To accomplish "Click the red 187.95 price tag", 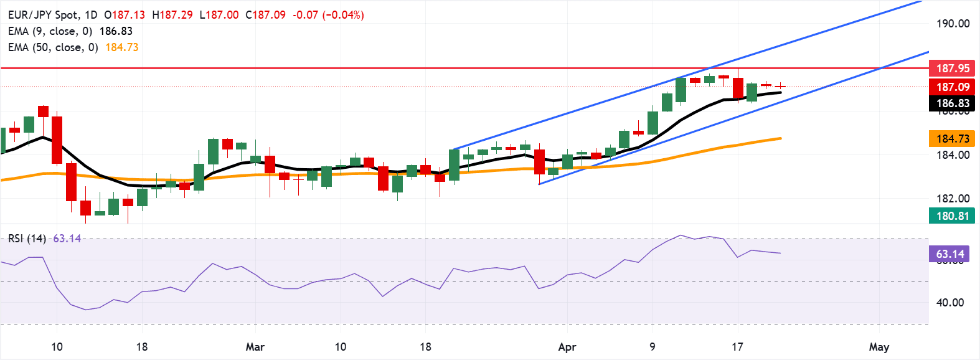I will click(x=953, y=68).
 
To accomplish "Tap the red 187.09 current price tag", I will click(x=953, y=87).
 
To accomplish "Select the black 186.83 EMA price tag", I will click(x=953, y=103).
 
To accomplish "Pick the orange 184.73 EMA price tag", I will click(x=953, y=138).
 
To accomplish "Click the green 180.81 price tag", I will click(x=953, y=216).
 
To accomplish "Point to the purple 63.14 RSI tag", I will click(x=950, y=253).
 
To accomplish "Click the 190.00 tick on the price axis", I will click(x=953, y=24).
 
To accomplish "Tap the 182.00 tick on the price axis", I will click(x=953, y=199).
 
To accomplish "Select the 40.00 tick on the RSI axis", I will click(x=950, y=303).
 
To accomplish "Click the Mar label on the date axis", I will click(x=255, y=347).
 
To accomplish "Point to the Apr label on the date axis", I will click(x=567, y=347).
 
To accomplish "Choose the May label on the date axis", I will click(x=879, y=347).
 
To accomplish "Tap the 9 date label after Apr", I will click(x=653, y=347).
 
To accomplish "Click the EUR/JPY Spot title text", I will click(x=43, y=15).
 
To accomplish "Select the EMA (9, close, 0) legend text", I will click(x=50, y=31).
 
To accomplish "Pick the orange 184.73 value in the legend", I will click(x=122, y=47).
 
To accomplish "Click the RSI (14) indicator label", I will click(x=27, y=239).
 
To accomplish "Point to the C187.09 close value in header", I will click(x=265, y=15).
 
